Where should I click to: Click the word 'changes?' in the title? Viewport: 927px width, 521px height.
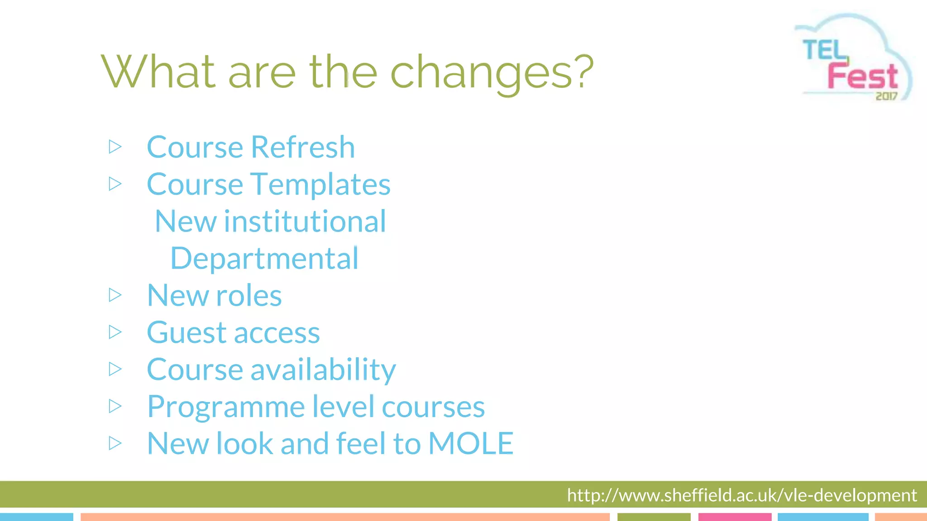click(492, 72)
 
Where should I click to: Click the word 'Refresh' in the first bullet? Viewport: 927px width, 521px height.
click(303, 147)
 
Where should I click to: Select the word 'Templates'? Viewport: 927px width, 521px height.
click(320, 185)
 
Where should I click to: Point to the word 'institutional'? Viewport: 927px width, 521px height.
click(305, 222)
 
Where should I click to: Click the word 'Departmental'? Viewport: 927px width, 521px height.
click(264, 259)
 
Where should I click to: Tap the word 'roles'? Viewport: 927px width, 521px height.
click(249, 296)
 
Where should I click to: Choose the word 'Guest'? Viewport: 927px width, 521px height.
click(186, 333)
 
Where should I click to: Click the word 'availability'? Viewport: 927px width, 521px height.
click(323, 370)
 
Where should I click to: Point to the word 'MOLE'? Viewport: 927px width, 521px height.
click(471, 444)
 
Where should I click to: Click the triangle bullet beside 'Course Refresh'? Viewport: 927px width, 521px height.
click(115, 147)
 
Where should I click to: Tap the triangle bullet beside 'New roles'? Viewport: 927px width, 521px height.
click(115, 295)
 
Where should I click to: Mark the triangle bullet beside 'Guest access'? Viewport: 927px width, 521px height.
click(115, 332)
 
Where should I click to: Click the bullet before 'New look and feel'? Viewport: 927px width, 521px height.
click(115, 443)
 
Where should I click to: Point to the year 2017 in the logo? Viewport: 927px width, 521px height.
click(886, 96)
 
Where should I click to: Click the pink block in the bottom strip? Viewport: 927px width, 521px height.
click(734, 516)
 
